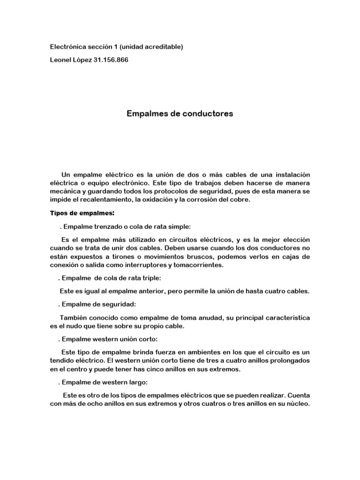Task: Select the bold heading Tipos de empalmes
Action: (x=82, y=213)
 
